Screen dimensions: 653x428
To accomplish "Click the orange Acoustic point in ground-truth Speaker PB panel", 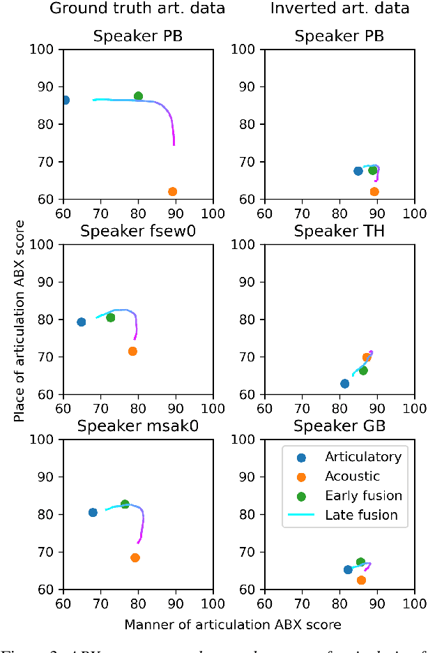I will click(x=172, y=191).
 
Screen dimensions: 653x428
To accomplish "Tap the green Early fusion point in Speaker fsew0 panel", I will click(x=110, y=317).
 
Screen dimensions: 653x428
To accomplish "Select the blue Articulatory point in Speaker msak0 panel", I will click(x=93, y=512).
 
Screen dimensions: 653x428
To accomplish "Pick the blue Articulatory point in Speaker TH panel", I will click(x=344, y=384).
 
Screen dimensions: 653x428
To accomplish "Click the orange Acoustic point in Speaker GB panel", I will click(x=361, y=580).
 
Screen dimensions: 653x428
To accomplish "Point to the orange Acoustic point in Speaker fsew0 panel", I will click(x=132, y=351).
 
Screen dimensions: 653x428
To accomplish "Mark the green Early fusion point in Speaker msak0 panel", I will click(x=125, y=504).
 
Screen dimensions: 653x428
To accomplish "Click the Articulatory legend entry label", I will click(x=362, y=457).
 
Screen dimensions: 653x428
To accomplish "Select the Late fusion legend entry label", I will click(x=361, y=515).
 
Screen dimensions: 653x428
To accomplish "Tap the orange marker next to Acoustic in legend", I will click(x=302, y=476).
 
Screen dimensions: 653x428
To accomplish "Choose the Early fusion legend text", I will click(x=363, y=495).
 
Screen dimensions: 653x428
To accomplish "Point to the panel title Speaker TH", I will click(x=339, y=231).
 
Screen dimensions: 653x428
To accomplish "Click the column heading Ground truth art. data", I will click(x=137, y=9).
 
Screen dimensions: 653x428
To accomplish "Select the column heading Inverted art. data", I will click(x=339, y=9).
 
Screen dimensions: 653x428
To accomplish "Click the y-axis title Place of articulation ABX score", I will click(x=19, y=320).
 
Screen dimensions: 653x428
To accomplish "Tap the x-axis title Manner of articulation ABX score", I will click(x=233, y=624).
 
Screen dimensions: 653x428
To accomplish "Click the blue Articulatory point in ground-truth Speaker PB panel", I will click(x=65, y=100).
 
